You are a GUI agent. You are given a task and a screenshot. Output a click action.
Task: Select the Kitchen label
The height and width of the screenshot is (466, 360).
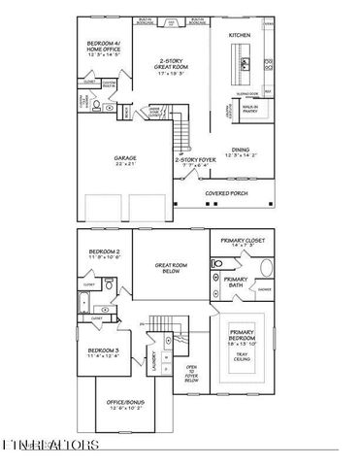pos(240,34)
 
